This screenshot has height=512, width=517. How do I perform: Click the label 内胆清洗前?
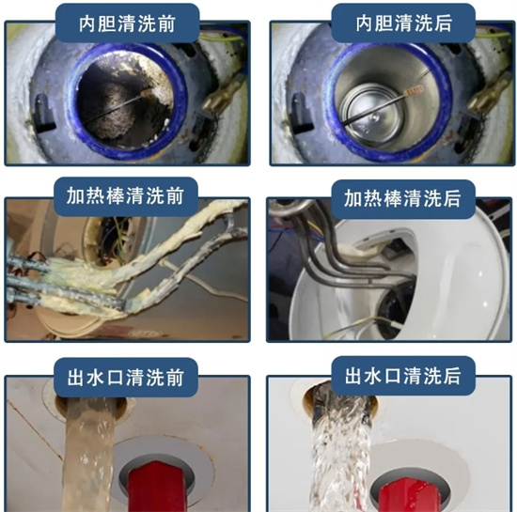129,21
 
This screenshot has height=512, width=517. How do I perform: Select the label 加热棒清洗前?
128,198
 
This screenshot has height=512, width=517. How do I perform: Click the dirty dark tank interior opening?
122,102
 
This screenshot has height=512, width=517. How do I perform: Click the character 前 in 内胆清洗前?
188,21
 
